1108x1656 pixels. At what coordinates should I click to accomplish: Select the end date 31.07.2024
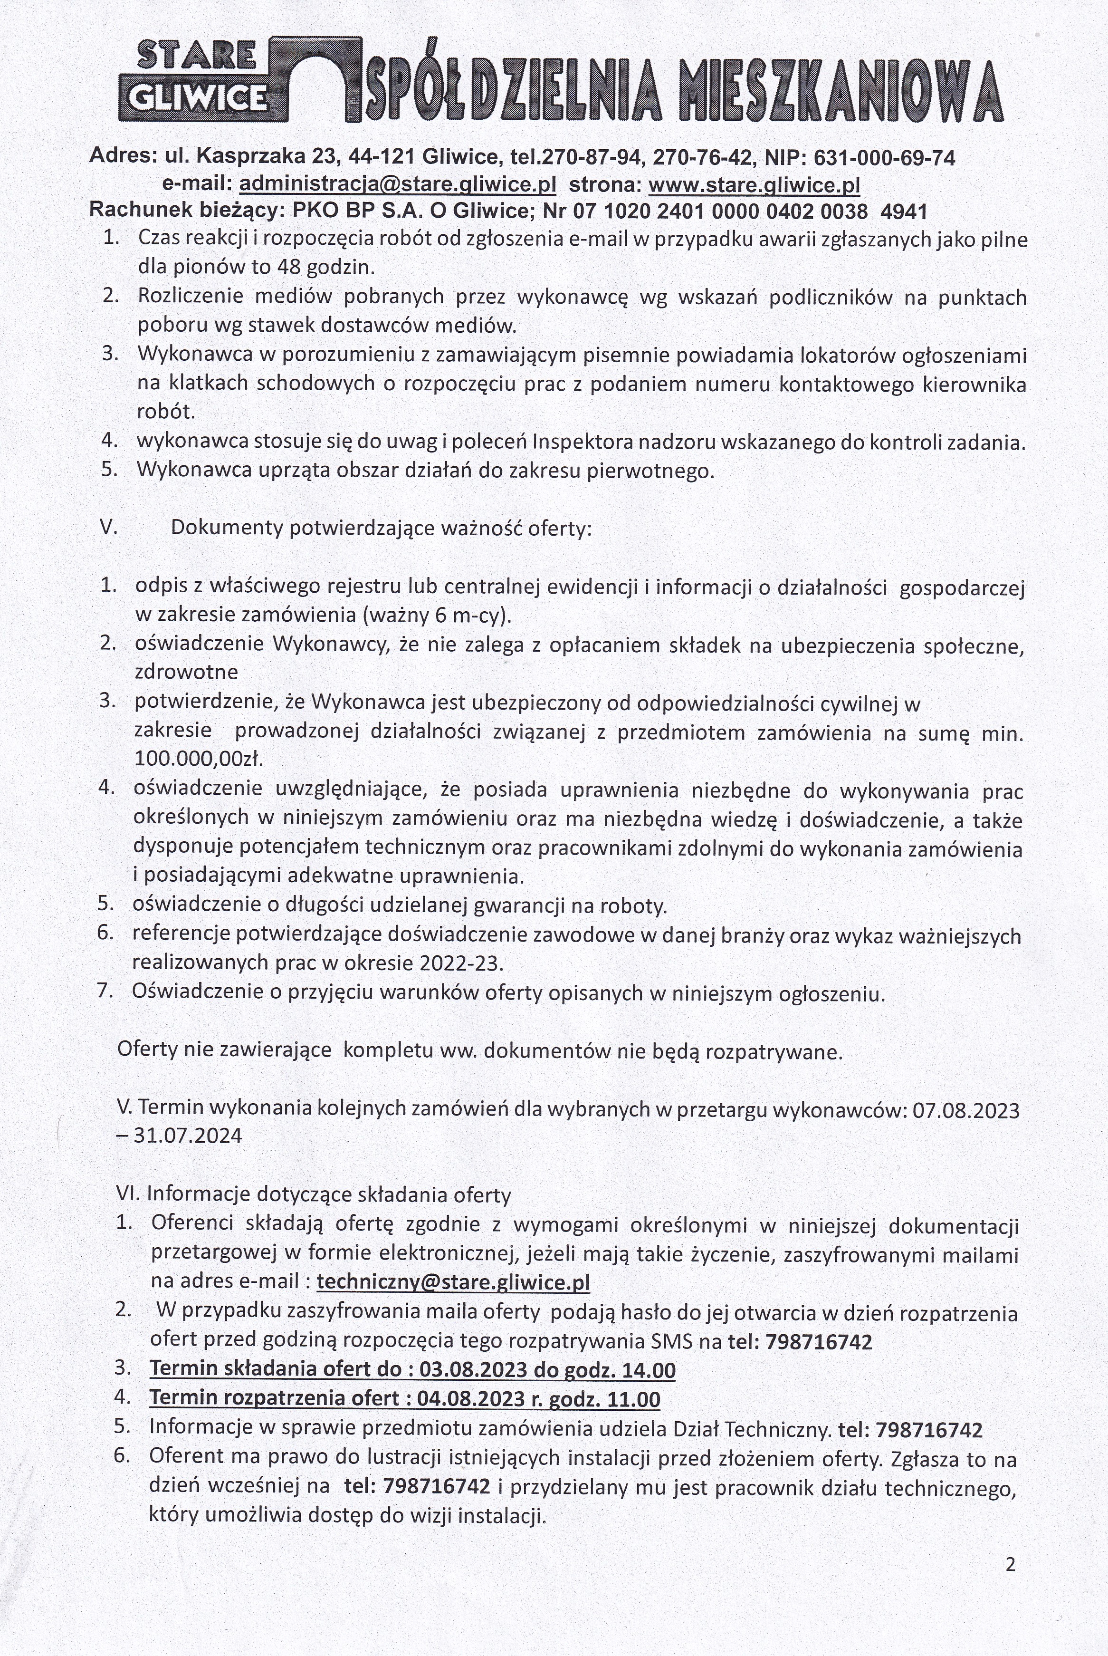click(187, 1136)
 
